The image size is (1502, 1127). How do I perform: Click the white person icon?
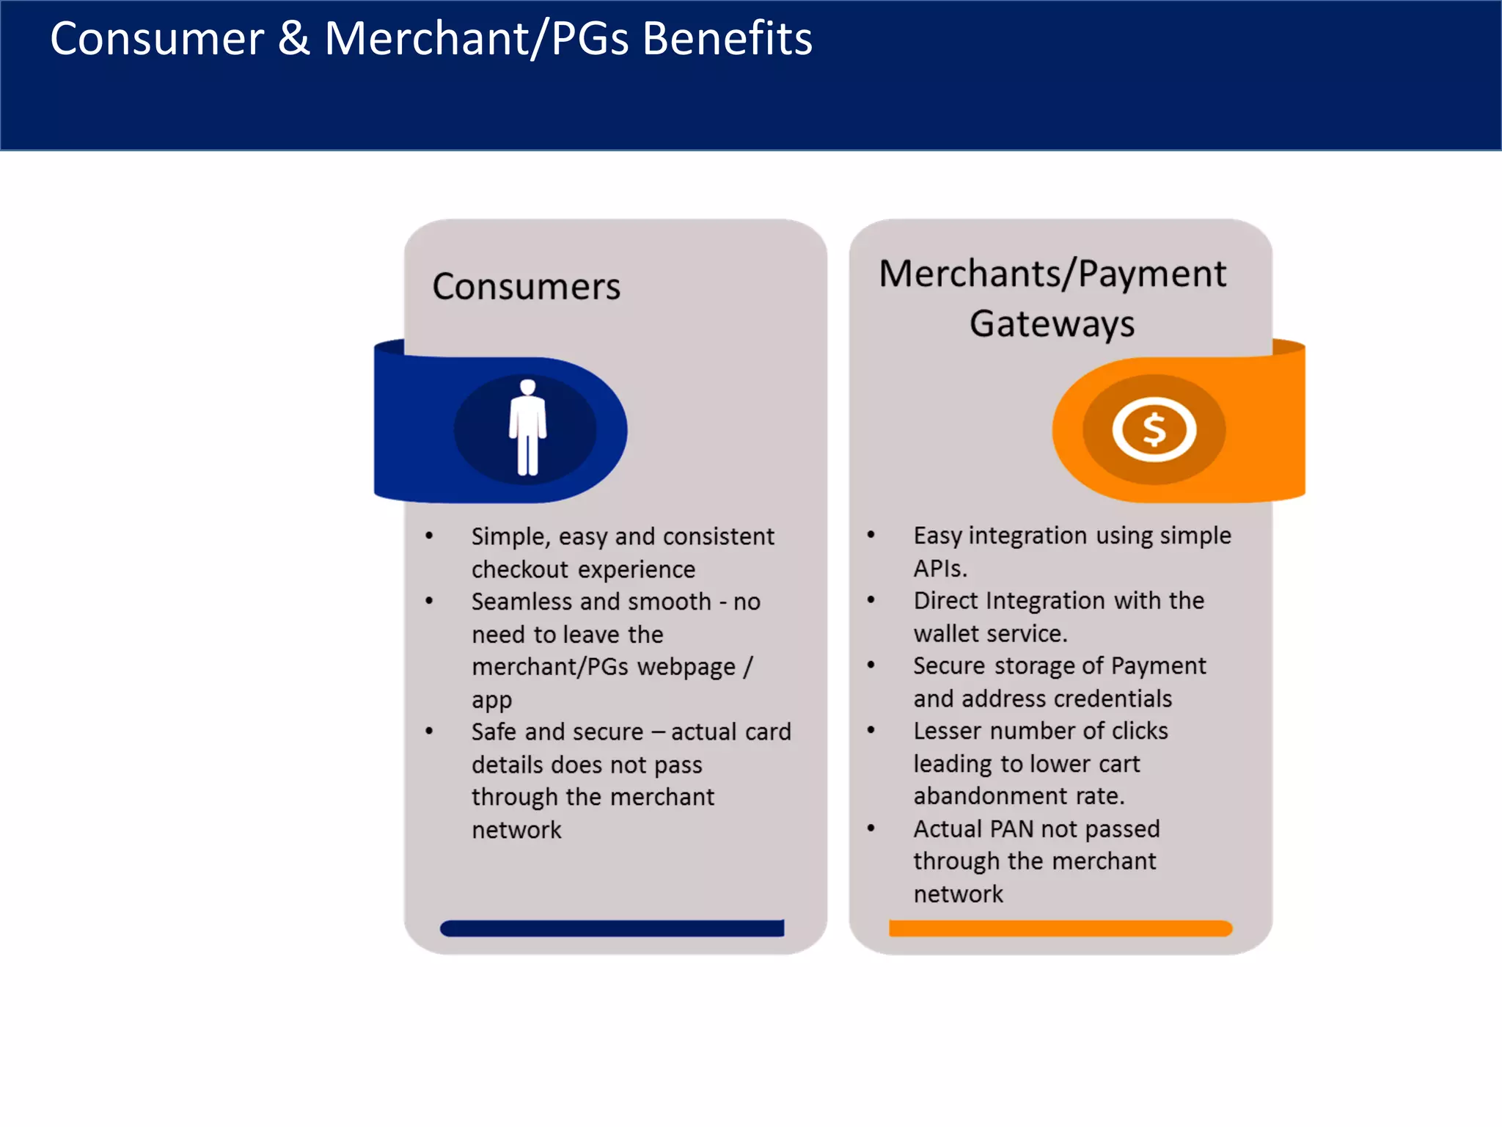click(x=527, y=428)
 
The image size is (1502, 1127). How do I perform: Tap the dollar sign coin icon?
click(x=1154, y=430)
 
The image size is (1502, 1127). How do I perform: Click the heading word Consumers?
click(x=526, y=286)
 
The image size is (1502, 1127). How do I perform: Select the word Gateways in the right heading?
click(x=1052, y=324)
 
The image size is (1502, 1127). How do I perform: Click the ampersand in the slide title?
click(x=293, y=38)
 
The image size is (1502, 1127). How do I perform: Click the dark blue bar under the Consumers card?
click(x=612, y=928)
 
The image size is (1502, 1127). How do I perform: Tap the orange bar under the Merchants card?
click(x=1060, y=928)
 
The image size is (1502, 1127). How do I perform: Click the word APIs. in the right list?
click(x=940, y=569)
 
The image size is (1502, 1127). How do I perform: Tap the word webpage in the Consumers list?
click(x=686, y=667)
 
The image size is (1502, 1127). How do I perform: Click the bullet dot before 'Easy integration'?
click(x=871, y=535)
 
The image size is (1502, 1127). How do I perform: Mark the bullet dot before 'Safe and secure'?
click(x=429, y=731)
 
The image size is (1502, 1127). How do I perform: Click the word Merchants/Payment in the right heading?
click(x=1052, y=274)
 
